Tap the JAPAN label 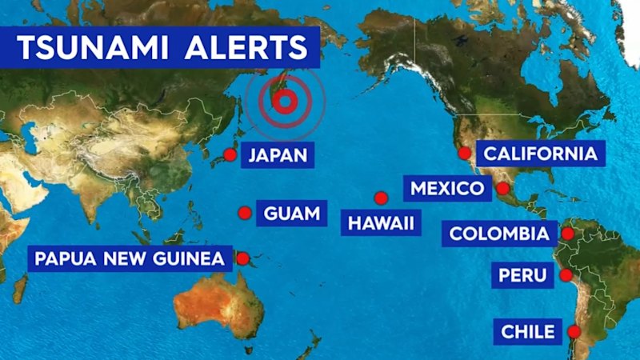point(278,154)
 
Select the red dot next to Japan point(230,154)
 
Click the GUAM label point(291,214)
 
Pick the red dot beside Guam point(245,213)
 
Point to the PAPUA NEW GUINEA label point(130,258)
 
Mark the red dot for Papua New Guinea point(243,258)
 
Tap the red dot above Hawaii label point(381,198)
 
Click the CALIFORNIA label point(542,154)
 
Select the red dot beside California point(464,153)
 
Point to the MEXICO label point(447,189)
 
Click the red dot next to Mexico point(502,189)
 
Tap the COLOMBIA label point(499,234)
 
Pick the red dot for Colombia point(567,234)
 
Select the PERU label point(522,276)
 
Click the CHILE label point(527,331)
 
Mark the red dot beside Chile point(574,331)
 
